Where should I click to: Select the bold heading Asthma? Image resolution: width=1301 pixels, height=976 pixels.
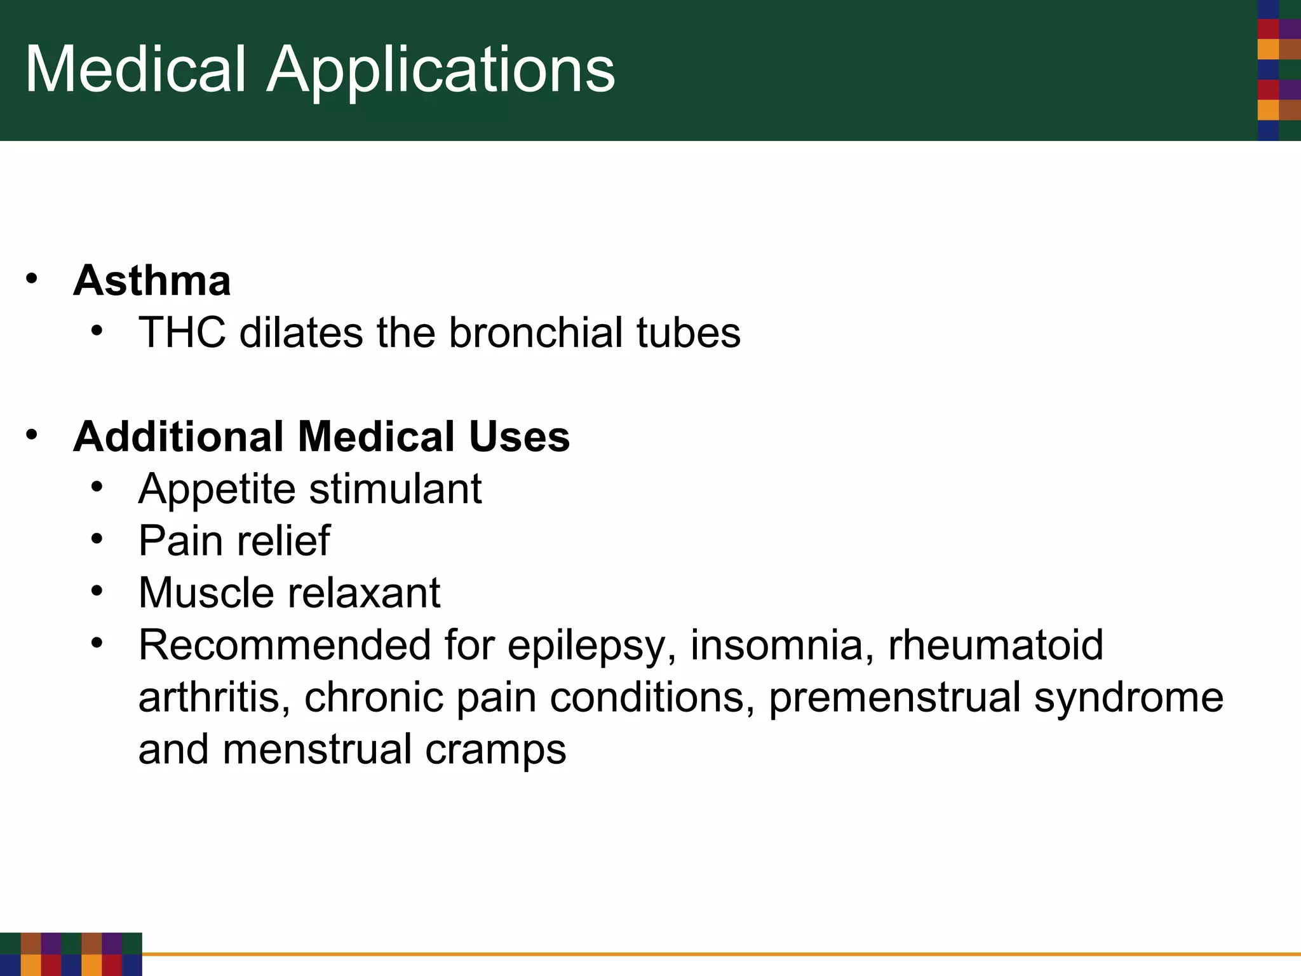point(152,280)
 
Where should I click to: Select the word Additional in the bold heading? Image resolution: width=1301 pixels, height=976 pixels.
point(179,437)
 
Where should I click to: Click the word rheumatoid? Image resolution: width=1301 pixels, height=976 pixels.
point(995,645)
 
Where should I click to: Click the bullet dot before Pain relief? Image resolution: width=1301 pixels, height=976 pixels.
point(97,539)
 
